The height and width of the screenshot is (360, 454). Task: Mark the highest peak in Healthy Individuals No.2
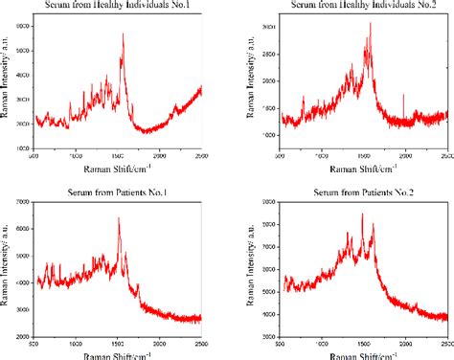(370, 24)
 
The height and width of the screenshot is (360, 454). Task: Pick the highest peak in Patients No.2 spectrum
(362, 214)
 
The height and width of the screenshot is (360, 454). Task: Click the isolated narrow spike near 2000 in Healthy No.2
(404, 96)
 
